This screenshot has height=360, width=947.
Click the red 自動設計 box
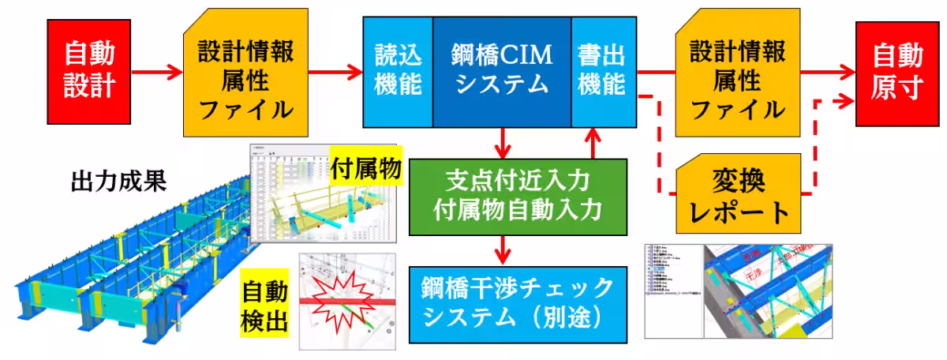click(89, 70)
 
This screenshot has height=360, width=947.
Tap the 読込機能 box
click(398, 70)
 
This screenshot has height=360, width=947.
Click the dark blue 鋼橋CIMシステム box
click(502, 70)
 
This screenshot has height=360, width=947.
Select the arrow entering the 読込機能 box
click(335, 73)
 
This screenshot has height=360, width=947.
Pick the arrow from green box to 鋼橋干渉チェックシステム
click(503, 250)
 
